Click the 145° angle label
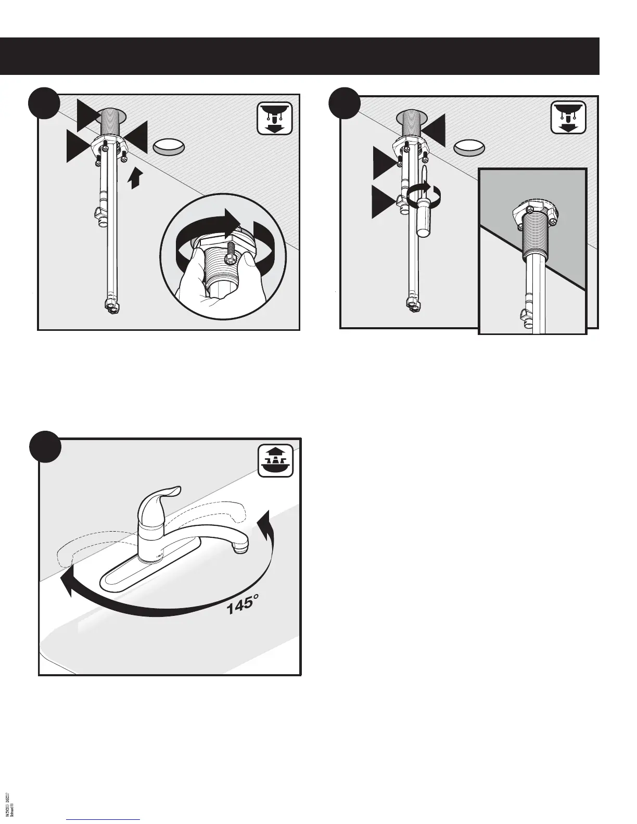[x=242, y=604]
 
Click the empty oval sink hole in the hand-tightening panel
[x=169, y=147]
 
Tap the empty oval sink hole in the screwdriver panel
[x=469, y=147]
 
